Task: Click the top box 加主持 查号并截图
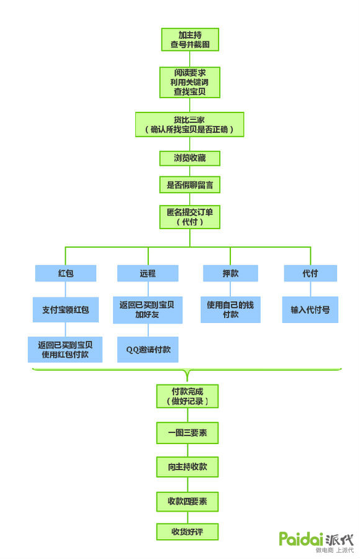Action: [x=190, y=40]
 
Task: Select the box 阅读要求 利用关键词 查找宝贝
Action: [x=190, y=82]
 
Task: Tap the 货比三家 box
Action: [x=190, y=124]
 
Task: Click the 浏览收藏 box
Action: [x=190, y=158]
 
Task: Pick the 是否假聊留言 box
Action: [x=190, y=184]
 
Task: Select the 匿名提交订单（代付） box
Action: [x=190, y=217]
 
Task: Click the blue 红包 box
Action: [x=66, y=273]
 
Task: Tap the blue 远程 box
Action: [x=148, y=273]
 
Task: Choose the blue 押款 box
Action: [x=230, y=273]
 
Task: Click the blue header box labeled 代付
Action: [x=310, y=273]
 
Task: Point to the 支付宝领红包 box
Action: [x=66, y=309]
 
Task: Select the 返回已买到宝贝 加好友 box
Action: [x=148, y=310]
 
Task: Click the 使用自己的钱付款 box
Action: [x=230, y=310]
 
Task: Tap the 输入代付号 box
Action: [x=310, y=309]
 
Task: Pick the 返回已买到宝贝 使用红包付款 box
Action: [x=65, y=349]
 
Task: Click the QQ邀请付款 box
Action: [x=148, y=349]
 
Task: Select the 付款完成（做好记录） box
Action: [x=187, y=396]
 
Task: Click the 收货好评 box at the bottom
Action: [x=187, y=532]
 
